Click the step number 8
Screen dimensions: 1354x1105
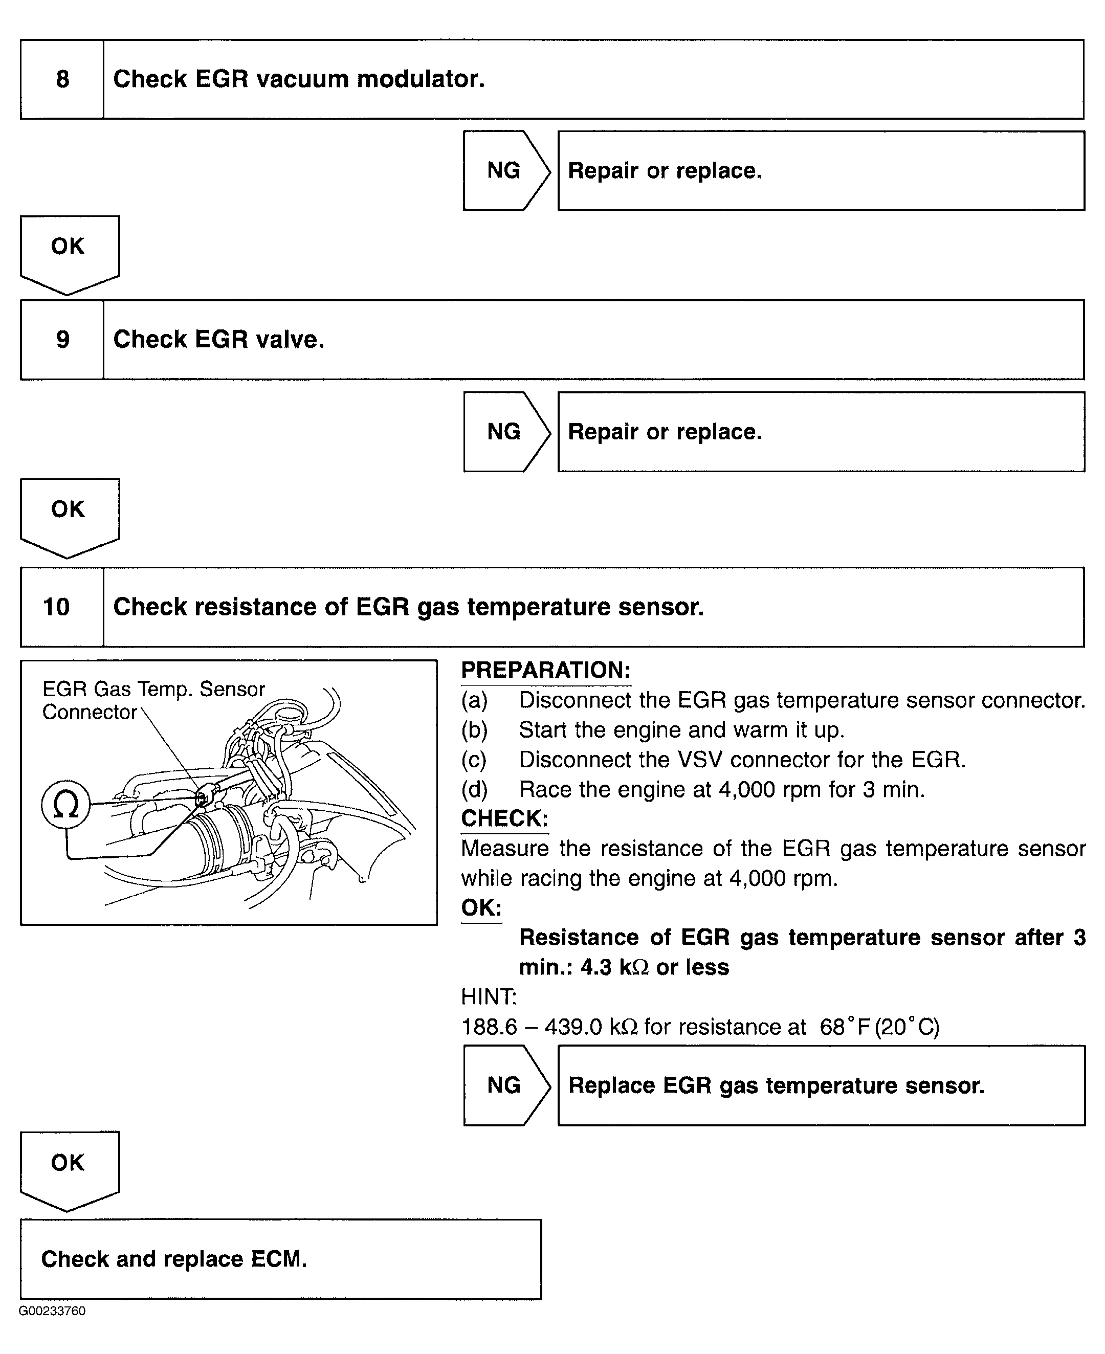(62, 79)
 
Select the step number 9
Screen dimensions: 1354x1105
(62, 340)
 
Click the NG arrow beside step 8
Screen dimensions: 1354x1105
(504, 170)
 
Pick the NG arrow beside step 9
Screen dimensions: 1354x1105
(504, 432)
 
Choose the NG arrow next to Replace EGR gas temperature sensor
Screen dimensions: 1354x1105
(504, 1085)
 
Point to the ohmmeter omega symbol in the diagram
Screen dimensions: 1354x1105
(65, 805)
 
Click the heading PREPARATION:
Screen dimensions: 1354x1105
(545, 671)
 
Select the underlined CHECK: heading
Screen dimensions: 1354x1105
(504, 819)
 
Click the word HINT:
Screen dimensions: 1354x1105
(488, 996)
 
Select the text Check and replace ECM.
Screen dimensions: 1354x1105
(174, 1259)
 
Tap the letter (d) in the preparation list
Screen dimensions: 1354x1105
(474, 790)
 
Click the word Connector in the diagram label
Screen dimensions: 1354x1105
(89, 712)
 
